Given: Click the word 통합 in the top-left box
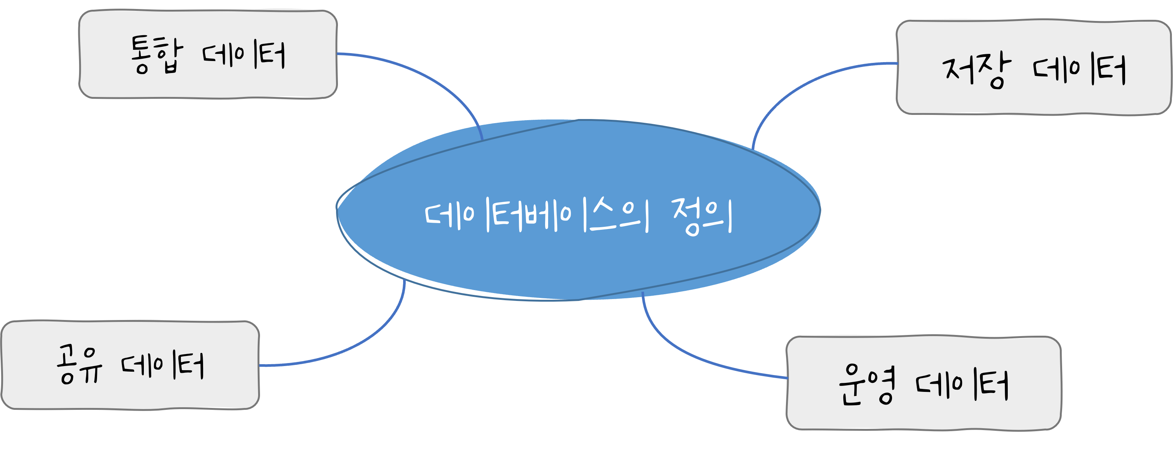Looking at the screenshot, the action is (156, 55).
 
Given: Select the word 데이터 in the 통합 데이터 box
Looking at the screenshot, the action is (244, 55).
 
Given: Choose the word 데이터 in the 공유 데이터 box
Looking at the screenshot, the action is (163, 366).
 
